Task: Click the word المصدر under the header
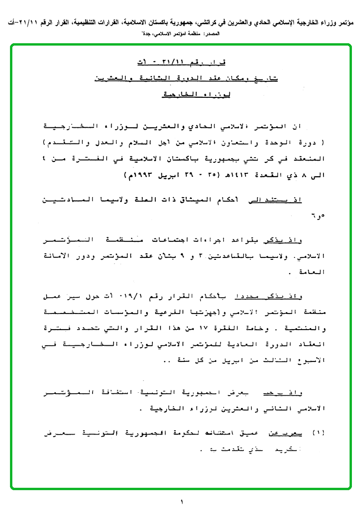pos(227,34)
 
